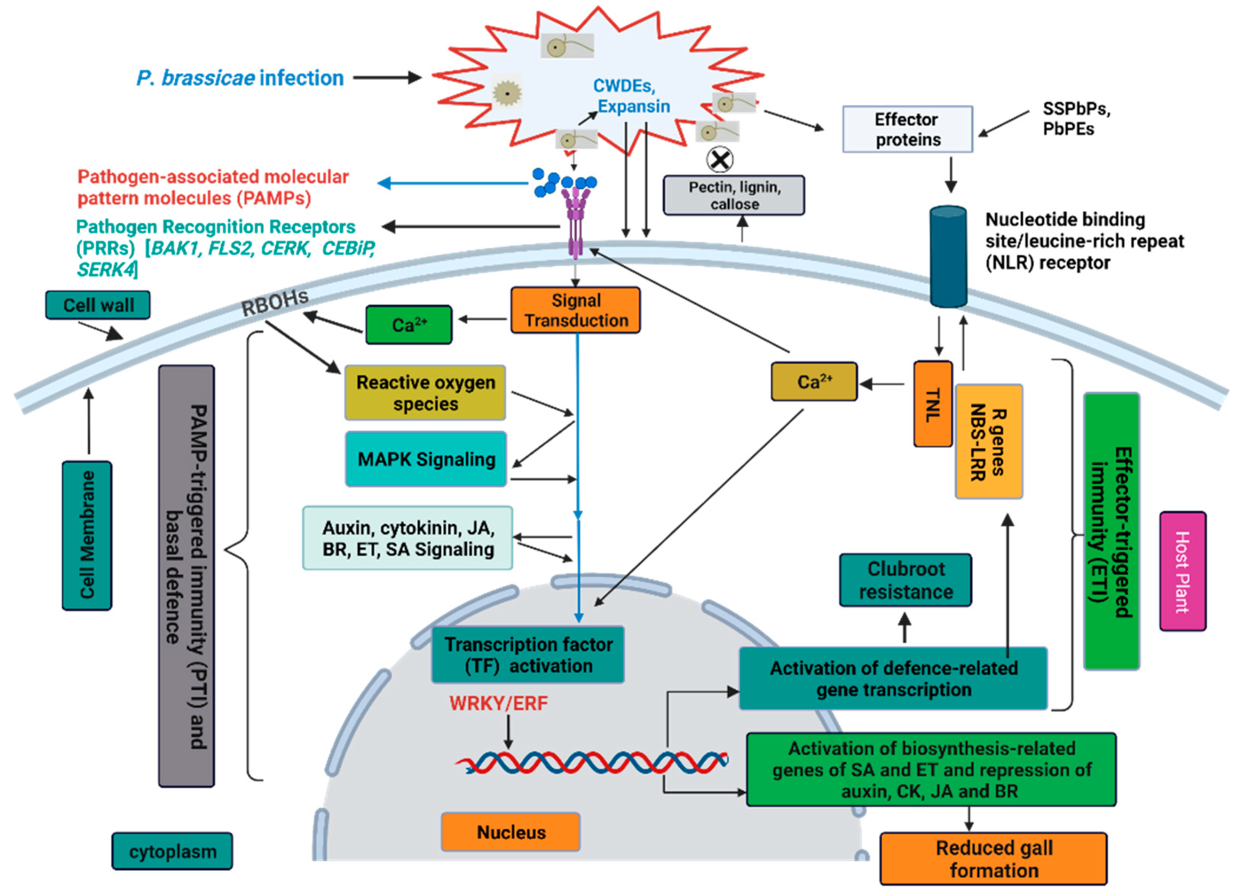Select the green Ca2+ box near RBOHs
coord(409,325)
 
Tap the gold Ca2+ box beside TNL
coord(814,382)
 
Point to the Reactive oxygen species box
coord(425,393)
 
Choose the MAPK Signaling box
coord(426,459)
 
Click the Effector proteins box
coord(907,129)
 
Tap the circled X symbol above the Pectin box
coord(719,160)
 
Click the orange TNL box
coord(933,404)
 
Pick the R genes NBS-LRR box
coord(989,442)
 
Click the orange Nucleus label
coord(511,832)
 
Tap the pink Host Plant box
coord(1182,571)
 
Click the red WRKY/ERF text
coord(498,703)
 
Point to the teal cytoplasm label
coord(172,851)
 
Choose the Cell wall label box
coord(98,305)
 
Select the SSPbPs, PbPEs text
coord(1076,119)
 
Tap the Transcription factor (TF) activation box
coord(528,655)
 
